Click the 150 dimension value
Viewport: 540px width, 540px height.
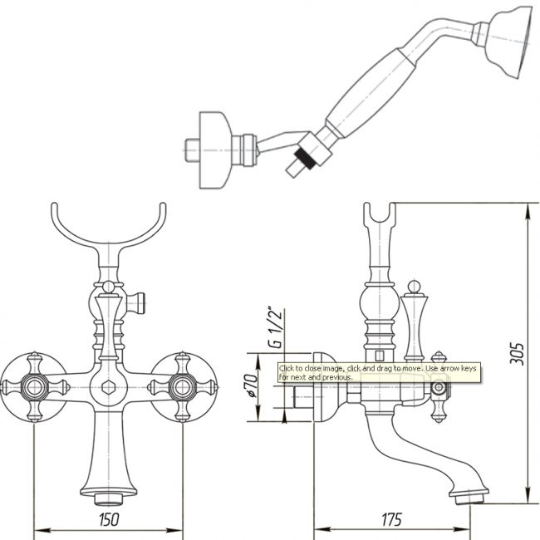109,520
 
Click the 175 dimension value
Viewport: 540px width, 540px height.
392,520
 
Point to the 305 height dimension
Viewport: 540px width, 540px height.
517,353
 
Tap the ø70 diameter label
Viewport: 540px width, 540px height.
251,385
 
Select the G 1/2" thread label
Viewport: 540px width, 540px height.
275,327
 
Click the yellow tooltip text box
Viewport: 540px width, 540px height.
379,373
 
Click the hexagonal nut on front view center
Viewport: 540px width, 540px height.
109,387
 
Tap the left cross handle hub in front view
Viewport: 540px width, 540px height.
34,387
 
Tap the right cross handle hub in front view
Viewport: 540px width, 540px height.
182,387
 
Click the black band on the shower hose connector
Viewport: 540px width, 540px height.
305,158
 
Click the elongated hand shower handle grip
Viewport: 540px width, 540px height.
371,93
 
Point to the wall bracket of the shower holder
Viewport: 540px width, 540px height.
214,150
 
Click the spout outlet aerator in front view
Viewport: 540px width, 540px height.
109,499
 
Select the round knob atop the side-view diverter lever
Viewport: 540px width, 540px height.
414,287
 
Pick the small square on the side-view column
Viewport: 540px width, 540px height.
379,356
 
